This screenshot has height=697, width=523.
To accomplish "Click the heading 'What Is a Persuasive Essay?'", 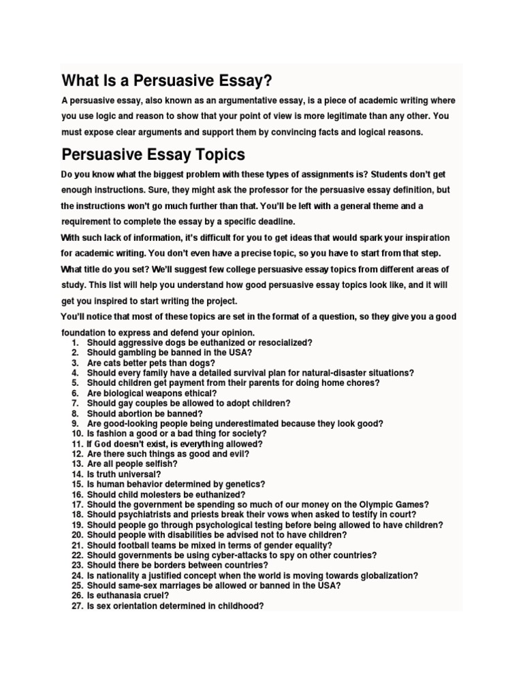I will click(x=167, y=81).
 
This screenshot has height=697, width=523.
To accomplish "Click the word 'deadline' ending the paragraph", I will click(x=270, y=222).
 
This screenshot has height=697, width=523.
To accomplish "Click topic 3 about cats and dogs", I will click(x=150, y=363).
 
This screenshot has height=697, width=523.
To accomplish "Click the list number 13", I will click(x=76, y=464).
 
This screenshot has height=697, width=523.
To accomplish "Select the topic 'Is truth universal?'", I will click(x=124, y=474).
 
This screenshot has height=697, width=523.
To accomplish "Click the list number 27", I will click(x=76, y=606).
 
